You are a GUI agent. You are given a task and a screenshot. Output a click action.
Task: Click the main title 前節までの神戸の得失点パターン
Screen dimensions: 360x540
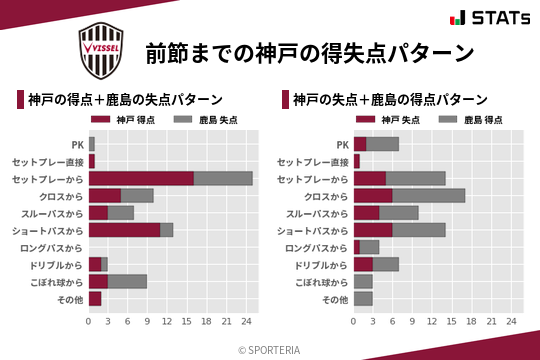coord(308,52)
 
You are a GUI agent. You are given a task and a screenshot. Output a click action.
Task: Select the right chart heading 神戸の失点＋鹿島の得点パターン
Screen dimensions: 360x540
coord(391,100)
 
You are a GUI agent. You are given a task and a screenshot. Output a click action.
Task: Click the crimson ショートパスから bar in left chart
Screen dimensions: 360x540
coord(124,230)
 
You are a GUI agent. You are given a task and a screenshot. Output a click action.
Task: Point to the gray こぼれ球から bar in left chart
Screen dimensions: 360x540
coord(128,281)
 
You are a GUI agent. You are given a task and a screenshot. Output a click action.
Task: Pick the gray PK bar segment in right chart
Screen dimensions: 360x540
coord(383,144)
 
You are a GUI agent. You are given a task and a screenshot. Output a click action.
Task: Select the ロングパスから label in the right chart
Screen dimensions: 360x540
coord(315,247)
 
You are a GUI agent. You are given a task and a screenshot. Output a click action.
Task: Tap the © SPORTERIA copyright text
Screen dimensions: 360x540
coord(270,350)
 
